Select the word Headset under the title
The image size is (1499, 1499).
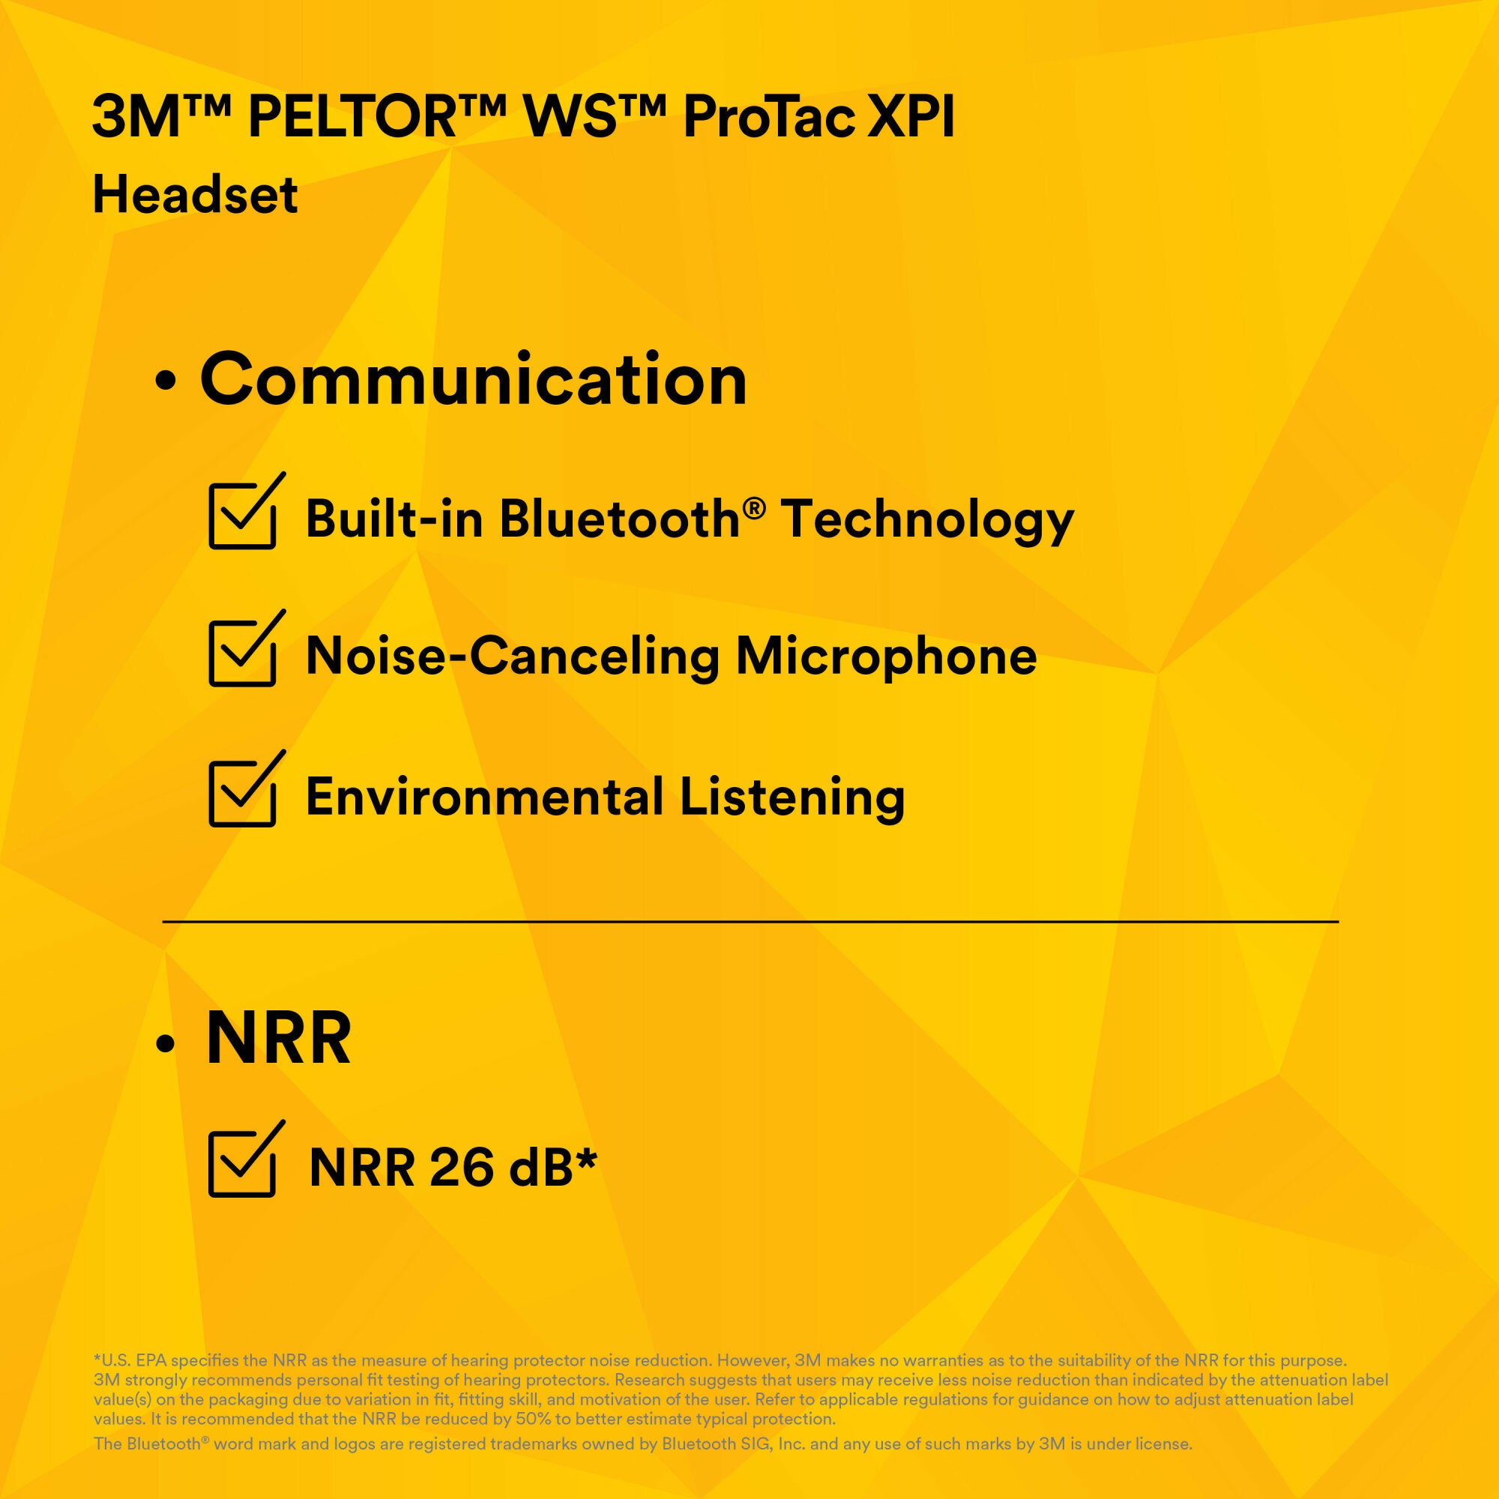[195, 194]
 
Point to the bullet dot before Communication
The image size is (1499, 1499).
[164, 381]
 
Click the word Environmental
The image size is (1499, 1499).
[484, 796]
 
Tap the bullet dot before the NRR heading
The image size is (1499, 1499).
[164, 1045]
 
